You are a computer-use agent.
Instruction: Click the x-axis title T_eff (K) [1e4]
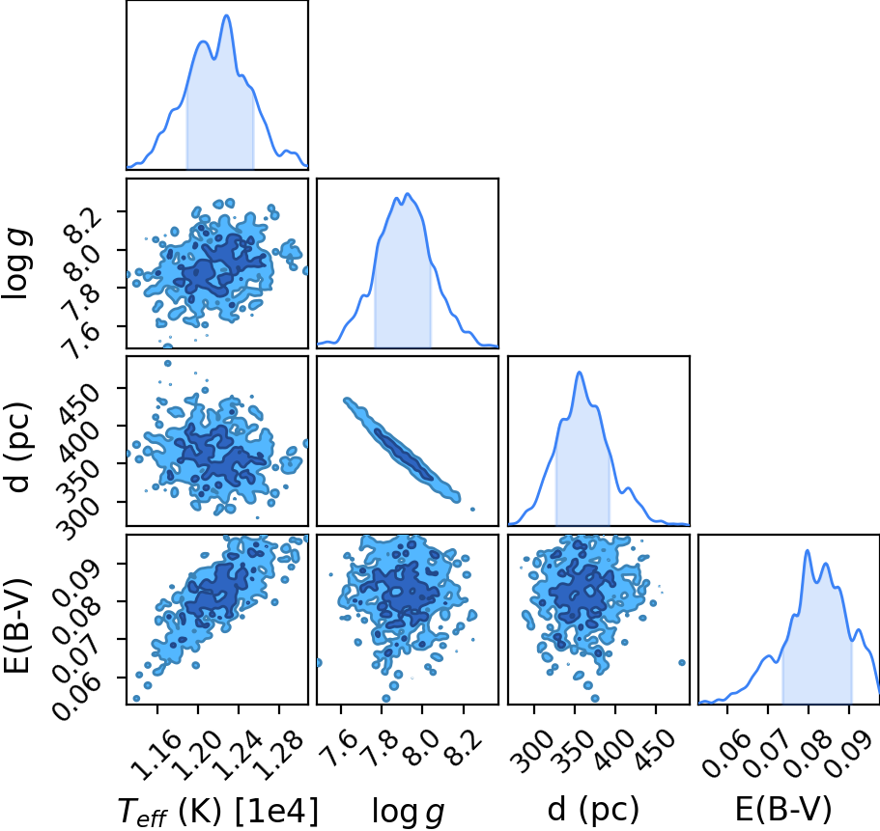pos(218,811)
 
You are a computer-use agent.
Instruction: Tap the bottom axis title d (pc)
pos(593,809)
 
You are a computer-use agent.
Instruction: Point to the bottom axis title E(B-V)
pos(782,809)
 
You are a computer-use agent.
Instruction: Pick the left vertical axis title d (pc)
pos(18,447)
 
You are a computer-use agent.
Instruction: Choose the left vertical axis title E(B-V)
pos(16,624)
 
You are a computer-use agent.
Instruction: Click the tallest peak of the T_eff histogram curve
pos(227,15)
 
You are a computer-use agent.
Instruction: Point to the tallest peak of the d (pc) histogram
pos(580,373)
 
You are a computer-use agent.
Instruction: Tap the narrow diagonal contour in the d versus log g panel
pos(403,450)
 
